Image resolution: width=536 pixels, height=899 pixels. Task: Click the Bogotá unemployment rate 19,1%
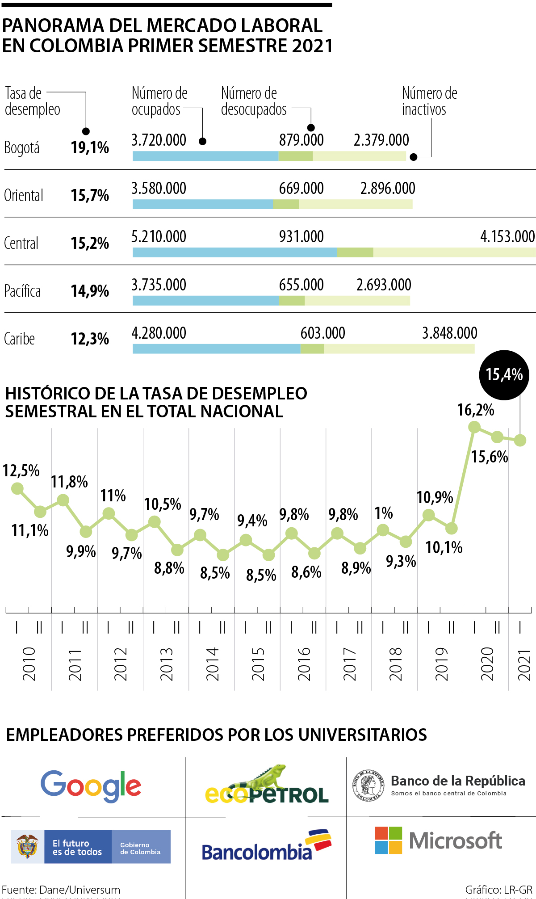(x=90, y=147)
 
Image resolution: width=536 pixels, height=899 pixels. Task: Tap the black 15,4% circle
(x=504, y=374)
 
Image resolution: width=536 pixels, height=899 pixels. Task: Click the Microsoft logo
(x=438, y=840)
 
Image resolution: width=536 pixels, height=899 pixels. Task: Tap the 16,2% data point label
(x=475, y=410)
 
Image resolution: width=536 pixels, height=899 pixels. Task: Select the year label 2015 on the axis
(x=258, y=664)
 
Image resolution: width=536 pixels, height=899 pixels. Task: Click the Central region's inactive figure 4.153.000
(x=507, y=236)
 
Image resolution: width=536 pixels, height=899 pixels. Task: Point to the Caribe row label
(x=19, y=339)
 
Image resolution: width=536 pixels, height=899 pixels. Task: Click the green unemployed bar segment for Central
(x=355, y=252)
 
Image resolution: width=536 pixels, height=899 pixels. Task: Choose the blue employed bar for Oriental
(x=203, y=204)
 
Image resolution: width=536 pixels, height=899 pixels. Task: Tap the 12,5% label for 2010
(x=21, y=471)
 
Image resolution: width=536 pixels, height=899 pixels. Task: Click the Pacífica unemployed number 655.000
(x=301, y=285)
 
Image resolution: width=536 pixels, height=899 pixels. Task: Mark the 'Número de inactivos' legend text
(x=429, y=101)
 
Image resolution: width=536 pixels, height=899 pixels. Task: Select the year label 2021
(x=523, y=665)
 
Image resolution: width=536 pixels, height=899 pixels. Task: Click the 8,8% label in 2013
(x=169, y=568)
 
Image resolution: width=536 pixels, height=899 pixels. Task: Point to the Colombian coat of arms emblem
(x=27, y=846)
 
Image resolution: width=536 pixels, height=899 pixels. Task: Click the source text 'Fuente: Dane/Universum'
(x=61, y=890)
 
